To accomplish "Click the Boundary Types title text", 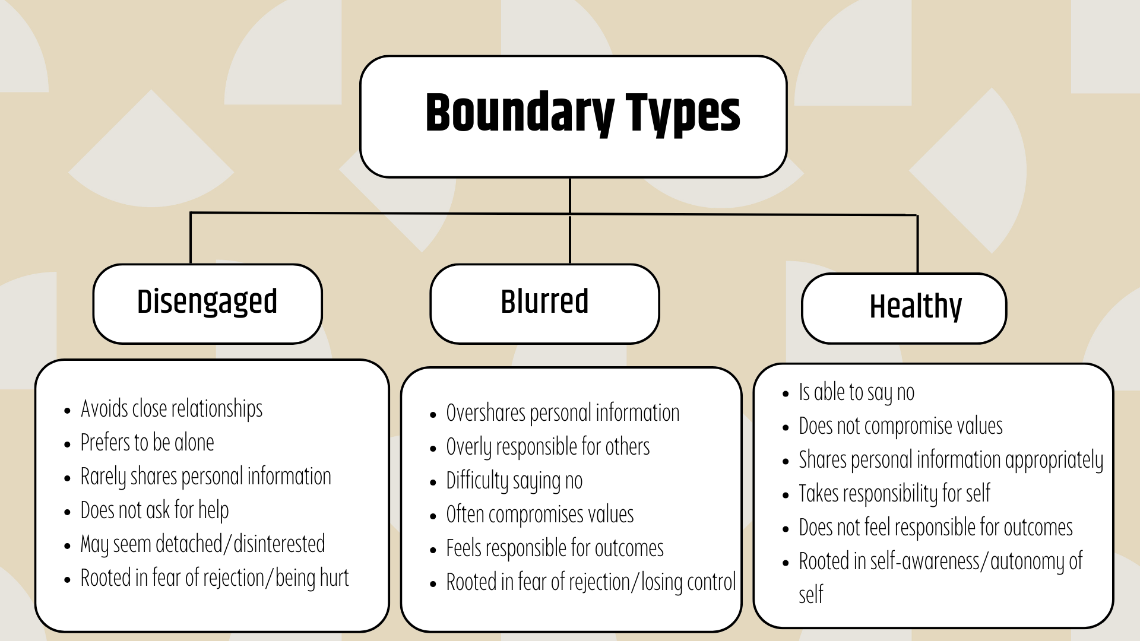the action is [583, 114].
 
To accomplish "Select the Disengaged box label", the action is [207, 302].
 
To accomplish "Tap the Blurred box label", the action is [544, 302].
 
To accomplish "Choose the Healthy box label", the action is [916, 307].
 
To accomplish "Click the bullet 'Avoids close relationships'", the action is [172, 409].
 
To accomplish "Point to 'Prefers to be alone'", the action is [147, 443].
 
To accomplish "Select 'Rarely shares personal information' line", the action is [206, 477].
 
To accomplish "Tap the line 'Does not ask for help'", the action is [154, 510].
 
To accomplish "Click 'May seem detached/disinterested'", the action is [203, 544].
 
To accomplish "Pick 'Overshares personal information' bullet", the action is [563, 413].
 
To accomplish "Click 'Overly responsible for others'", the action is [548, 447].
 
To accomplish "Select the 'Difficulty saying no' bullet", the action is [514, 481].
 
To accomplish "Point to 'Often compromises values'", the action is [540, 515].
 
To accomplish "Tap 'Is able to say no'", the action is [857, 392].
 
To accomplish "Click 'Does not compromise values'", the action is [901, 426].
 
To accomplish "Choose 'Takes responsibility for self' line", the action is [895, 494].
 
